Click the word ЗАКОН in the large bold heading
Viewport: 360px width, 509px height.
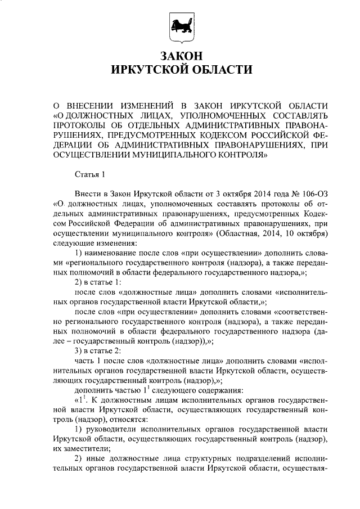180,56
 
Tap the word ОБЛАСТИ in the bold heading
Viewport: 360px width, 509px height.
215,70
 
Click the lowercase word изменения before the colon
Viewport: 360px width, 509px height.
115,242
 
